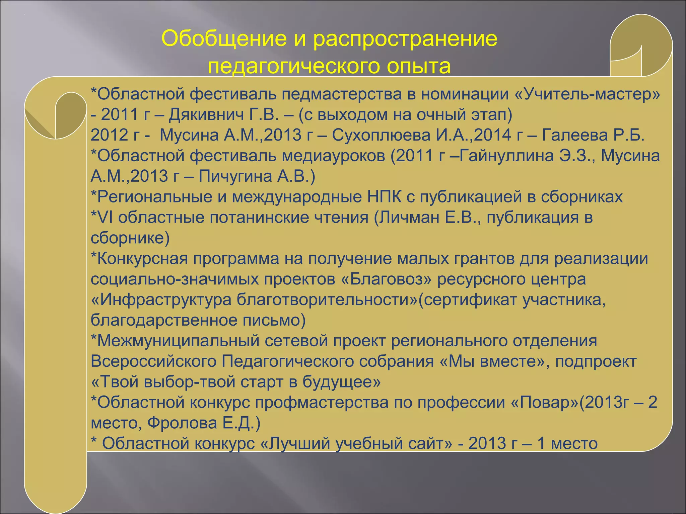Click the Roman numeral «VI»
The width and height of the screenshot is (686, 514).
[x=105, y=218]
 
